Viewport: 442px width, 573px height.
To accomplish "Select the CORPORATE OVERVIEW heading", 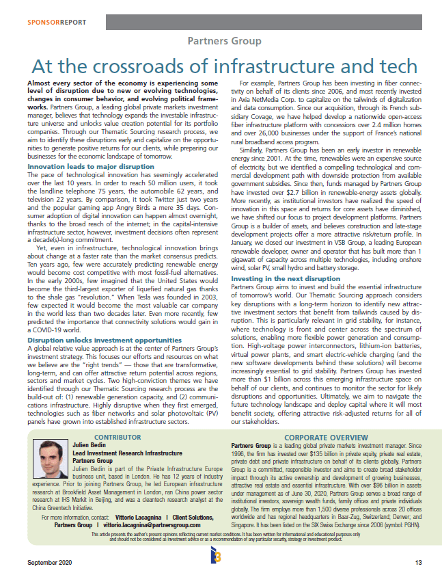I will [x=327, y=436].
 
